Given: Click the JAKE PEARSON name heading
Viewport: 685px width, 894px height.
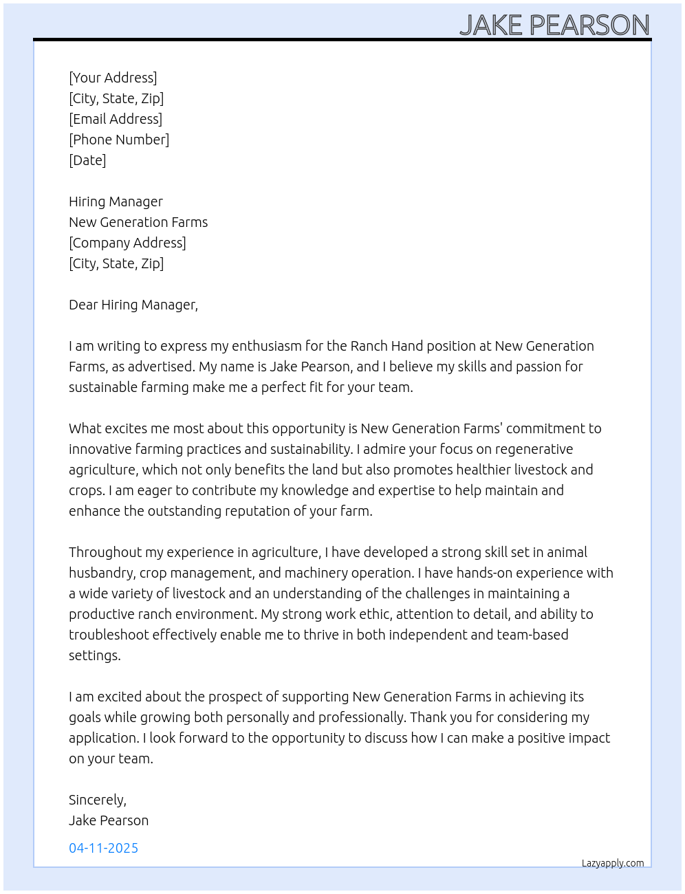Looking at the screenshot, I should [554, 25].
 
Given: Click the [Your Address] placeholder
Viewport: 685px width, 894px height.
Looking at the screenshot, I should [113, 78].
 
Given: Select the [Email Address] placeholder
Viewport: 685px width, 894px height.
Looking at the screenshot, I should [116, 119].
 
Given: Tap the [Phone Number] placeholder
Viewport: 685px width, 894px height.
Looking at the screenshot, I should [119, 140].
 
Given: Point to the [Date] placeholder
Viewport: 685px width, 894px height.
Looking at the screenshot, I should [87, 160].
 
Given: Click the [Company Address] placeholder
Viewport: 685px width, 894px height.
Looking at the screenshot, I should [127, 243].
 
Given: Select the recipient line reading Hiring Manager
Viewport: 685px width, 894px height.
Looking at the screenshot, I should [116, 201].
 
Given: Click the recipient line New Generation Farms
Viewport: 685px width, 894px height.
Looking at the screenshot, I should [138, 222].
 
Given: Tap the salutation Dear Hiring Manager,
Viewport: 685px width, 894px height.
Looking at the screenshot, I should [133, 305].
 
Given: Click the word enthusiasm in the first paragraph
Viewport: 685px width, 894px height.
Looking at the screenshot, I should [266, 346].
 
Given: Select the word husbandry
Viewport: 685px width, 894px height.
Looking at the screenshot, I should [102, 573].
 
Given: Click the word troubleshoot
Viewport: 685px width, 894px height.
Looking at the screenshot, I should [109, 635].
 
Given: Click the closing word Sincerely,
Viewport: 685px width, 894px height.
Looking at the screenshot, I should [98, 800].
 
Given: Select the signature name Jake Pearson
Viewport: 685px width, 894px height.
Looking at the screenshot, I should [109, 820].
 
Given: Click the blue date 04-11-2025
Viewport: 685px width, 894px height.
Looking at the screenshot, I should [103, 848].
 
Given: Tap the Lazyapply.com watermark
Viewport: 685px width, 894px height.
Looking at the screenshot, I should [613, 863].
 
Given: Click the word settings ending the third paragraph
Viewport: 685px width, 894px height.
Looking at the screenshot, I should [94, 655].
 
